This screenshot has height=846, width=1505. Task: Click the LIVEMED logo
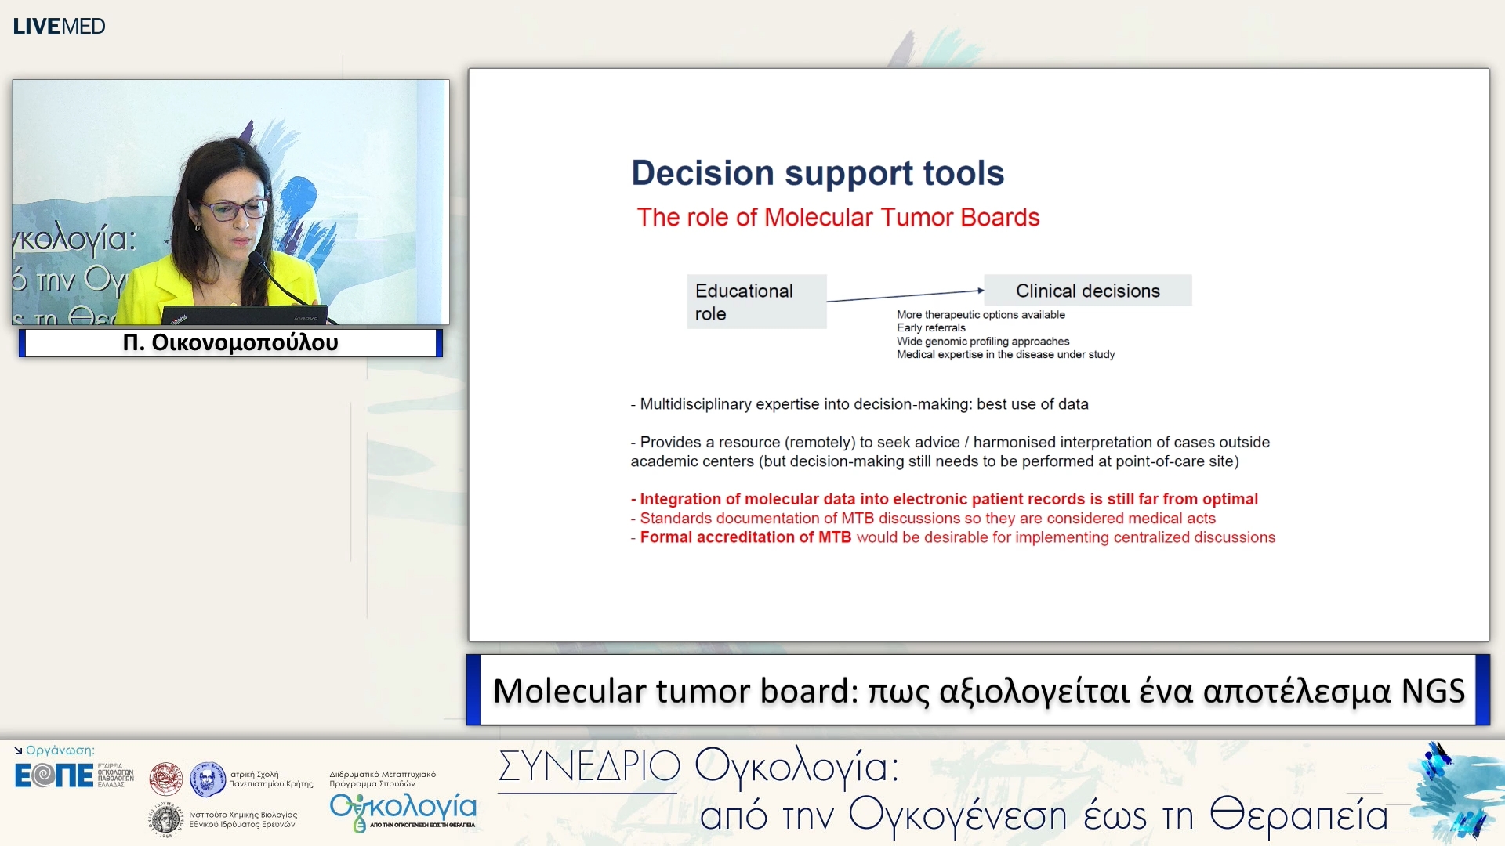tap(59, 26)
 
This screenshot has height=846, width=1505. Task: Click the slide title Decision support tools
tap(817, 173)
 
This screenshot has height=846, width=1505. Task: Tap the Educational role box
tap(756, 302)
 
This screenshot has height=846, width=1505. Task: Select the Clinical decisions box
tap(1087, 291)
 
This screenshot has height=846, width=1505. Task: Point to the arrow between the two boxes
tap(905, 295)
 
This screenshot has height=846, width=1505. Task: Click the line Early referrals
tap(930, 328)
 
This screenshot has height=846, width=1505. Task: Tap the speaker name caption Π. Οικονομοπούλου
tap(230, 343)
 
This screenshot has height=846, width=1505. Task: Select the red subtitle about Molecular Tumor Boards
tap(837, 218)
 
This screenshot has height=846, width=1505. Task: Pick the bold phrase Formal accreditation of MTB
tap(745, 537)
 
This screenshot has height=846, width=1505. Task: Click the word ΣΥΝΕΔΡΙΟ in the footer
tap(589, 766)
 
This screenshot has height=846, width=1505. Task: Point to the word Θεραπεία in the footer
tap(1298, 815)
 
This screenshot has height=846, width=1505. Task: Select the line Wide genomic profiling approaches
tap(982, 342)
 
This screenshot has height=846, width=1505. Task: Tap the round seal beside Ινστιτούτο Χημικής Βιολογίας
tap(166, 819)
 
